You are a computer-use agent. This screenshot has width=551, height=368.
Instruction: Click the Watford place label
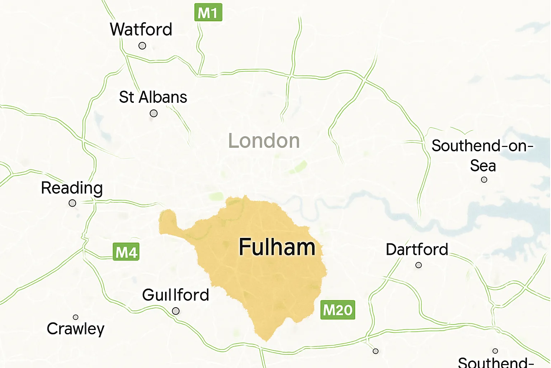click(x=141, y=29)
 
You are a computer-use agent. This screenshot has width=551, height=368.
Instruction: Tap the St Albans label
click(x=153, y=97)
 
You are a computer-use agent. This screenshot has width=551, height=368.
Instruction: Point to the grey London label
click(x=264, y=141)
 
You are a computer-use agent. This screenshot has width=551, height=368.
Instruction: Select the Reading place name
click(x=72, y=188)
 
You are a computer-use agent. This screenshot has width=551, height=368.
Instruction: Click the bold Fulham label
click(x=277, y=247)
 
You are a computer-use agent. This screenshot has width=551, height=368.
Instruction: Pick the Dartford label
click(x=417, y=249)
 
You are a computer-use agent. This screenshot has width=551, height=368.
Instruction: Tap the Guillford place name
click(x=175, y=295)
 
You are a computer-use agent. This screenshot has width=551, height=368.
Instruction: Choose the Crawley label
click(x=76, y=329)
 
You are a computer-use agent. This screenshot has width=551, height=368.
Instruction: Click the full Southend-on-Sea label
click(x=482, y=156)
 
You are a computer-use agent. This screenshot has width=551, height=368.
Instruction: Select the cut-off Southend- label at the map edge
click(x=496, y=362)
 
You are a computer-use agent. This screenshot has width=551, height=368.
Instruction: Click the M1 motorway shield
click(x=208, y=13)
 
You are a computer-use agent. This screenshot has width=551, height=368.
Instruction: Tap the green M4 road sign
click(x=126, y=252)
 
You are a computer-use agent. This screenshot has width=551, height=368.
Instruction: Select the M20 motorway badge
click(x=338, y=310)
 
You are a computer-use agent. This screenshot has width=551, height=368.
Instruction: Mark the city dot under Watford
click(x=142, y=46)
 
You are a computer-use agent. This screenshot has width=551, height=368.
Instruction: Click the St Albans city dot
click(x=154, y=114)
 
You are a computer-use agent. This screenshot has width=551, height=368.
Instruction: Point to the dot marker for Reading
click(x=72, y=203)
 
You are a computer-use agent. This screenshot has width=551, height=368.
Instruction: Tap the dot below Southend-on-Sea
click(x=484, y=179)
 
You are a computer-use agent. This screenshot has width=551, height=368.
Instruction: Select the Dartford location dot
click(x=418, y=265)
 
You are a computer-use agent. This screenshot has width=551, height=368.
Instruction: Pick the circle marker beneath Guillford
click(x=176, y=311)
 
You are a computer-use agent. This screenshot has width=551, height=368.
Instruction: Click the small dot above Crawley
click(x=76, y=317)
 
